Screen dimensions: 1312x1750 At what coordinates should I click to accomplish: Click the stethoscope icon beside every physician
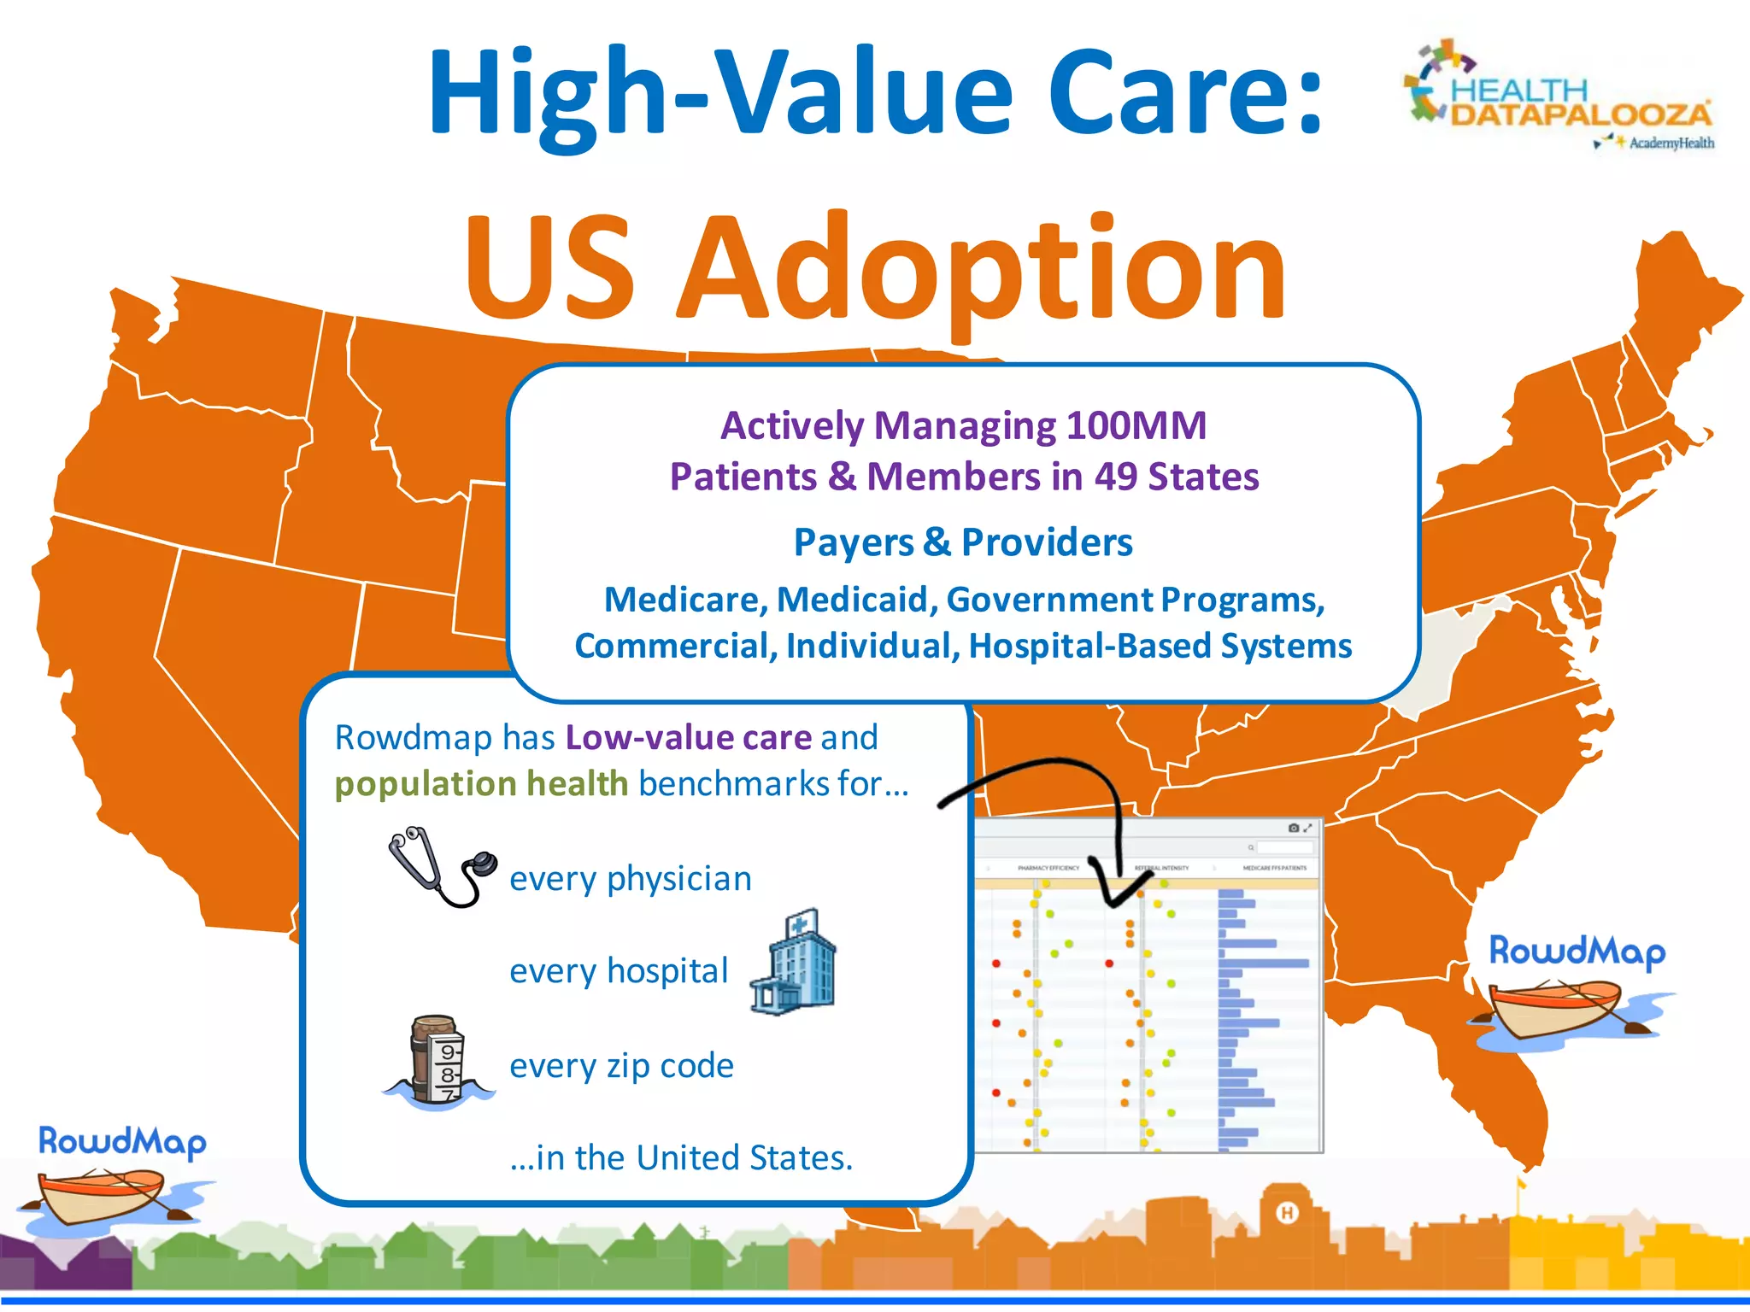(441, 868)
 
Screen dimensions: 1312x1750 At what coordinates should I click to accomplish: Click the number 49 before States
(1116, 477)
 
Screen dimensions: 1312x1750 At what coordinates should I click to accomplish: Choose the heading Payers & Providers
(963, 542)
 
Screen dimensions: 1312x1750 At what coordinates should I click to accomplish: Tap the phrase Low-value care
(688, 737)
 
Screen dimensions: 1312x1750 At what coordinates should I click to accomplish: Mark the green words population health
(481, 783)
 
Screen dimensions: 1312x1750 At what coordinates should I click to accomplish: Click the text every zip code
(621, 1065)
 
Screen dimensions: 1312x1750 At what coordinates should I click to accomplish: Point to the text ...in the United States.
(681, 1157)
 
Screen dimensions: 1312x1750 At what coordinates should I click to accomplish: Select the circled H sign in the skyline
(1287, 1212)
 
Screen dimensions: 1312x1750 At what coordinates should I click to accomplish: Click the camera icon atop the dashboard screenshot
(1294, 828)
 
